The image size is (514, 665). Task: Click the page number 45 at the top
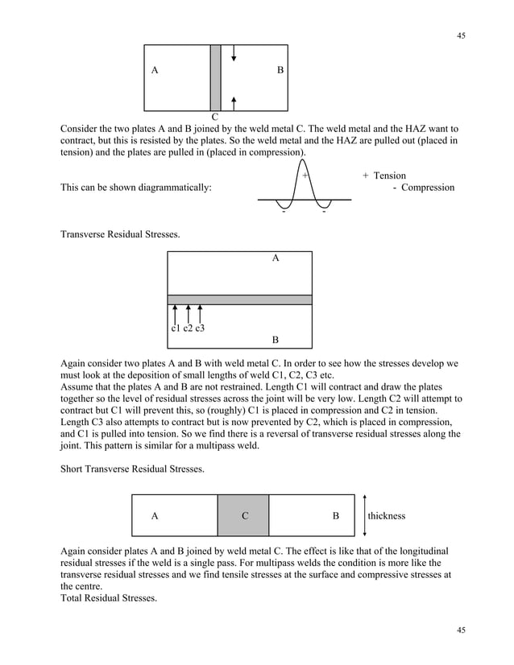coord(461,35)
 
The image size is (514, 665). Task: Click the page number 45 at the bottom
coord(461,630)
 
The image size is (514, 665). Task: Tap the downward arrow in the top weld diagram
coord(233,53)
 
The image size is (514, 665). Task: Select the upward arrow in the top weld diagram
coord(233,102)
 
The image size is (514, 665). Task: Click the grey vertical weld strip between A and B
coord(215,77)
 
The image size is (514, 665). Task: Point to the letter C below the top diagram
coord(216,118)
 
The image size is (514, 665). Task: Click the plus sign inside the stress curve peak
coord(305,176)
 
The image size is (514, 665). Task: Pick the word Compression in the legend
coord(428,188)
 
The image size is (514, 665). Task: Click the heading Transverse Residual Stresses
coord(121,235)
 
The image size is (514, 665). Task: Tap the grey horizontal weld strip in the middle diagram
coord(239,299)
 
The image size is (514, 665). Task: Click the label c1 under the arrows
coord(176,328)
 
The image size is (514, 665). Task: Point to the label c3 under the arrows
coord(199,328)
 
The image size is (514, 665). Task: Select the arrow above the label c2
coord(188,313)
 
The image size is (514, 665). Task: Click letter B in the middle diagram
coord(276,340)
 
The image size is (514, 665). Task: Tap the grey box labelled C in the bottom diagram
coord(243,516)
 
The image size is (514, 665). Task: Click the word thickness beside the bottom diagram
coord(387,516)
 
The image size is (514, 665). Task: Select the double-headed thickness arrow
coord(365,515)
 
